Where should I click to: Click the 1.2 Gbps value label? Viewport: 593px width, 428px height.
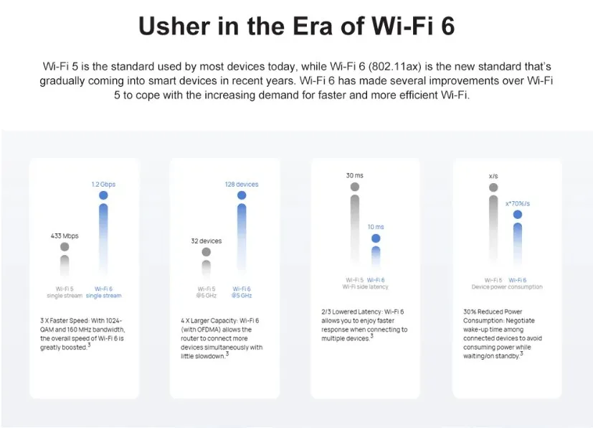point(103,185)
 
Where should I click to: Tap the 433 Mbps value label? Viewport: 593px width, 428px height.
point(65,236)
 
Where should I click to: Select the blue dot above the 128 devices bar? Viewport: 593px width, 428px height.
point(242,195)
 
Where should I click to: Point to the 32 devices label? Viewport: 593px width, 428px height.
point(206,241)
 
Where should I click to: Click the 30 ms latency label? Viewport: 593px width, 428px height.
point(354,175)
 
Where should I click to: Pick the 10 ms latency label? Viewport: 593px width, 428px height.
point(375,227)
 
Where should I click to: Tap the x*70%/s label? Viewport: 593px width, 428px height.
point(518,203)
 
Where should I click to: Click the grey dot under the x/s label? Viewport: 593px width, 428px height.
point(493,188)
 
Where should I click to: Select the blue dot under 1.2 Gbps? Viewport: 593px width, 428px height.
point(103,195)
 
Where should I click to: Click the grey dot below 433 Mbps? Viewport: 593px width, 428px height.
point(65,246)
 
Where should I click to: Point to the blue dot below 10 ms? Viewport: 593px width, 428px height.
point(375,238)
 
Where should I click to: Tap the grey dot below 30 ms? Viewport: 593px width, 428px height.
point(354,187)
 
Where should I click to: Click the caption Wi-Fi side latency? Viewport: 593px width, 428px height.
point(365,287)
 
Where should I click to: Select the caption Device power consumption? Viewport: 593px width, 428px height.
point(507,287)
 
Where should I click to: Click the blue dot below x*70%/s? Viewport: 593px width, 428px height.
point(518,214)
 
